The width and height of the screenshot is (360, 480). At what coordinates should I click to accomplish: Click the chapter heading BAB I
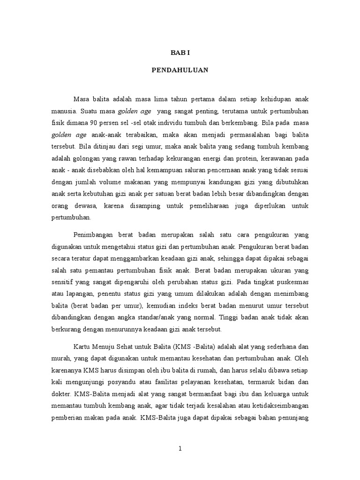pos(180,53)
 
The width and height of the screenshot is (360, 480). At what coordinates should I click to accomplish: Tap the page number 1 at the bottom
pos(180,449)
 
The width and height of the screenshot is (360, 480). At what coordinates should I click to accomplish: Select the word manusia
pos(63,112)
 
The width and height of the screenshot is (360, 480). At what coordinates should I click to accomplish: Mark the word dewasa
pos(88,206)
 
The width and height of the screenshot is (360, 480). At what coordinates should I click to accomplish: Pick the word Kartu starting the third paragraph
pos(82,347)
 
